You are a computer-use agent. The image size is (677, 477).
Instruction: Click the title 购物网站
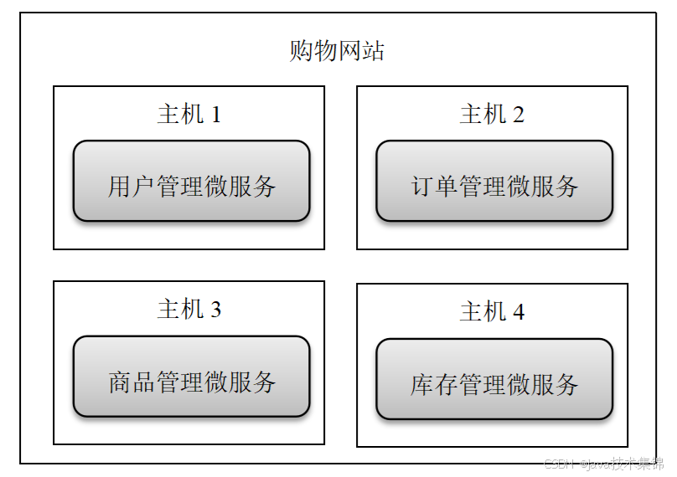coord(337,51)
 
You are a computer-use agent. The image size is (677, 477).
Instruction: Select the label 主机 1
coord(189,114)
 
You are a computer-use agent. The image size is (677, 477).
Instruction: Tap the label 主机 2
coord(492,115)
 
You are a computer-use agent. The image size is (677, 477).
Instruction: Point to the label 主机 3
coord(189,310)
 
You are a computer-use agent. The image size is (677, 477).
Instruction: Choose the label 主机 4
coord(492,312)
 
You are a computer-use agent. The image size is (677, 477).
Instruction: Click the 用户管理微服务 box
coord(191,182)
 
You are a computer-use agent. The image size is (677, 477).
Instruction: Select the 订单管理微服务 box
coord(494,182)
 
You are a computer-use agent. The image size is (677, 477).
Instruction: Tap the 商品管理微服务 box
coord(191,377)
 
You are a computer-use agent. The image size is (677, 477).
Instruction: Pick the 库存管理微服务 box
coord(494,380)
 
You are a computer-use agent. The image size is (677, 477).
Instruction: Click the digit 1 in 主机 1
coord(216,115)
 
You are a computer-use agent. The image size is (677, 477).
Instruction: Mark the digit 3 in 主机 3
coord(216,310)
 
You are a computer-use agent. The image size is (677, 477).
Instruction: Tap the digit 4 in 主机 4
coord(519,313)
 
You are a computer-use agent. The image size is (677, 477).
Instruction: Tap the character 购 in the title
coord(301,51)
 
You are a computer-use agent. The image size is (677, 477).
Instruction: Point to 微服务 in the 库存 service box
coord(544,385)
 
